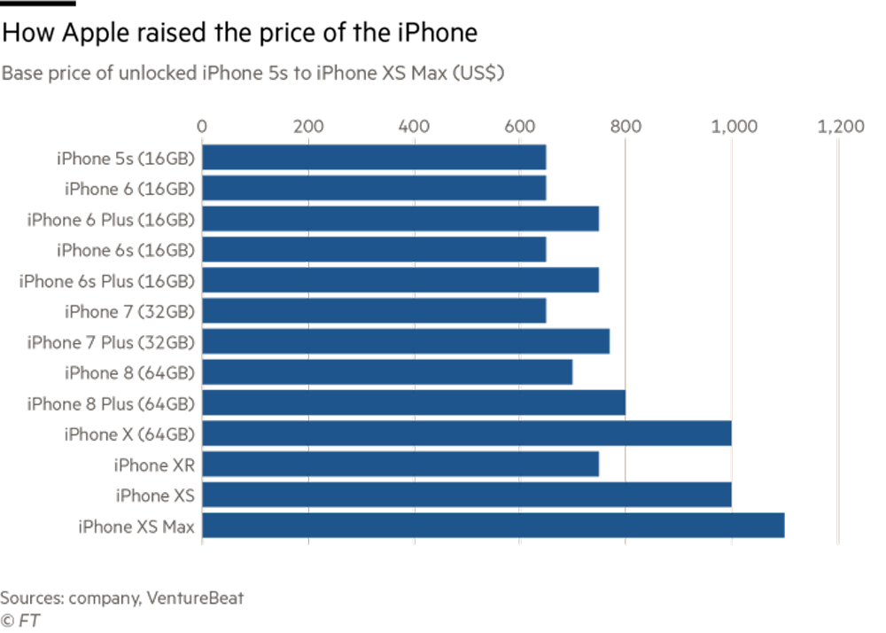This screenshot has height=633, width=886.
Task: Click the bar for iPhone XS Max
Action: [494, 526]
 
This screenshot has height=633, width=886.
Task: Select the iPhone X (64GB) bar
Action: [467, 434]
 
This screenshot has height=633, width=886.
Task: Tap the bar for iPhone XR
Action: [401, 465]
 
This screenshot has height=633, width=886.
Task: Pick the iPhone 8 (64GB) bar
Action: [388, 372]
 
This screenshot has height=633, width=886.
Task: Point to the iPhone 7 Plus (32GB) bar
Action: [407, 341]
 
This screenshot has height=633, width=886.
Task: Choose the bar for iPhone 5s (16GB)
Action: [375, 158]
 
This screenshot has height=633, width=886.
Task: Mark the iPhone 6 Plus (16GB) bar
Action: [401, 219]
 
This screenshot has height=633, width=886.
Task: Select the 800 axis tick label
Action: [626, 127]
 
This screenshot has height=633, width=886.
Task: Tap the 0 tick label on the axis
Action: [203, 127]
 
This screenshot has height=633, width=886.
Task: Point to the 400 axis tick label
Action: [415, 127]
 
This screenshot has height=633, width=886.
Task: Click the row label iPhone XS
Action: [154, 496]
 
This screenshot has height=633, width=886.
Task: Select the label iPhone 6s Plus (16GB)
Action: [107, 281]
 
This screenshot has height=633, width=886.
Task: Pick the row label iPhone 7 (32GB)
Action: [129, 311]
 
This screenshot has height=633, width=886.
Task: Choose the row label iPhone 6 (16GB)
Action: [129, 189]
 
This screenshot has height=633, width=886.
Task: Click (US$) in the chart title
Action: [478, 74]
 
